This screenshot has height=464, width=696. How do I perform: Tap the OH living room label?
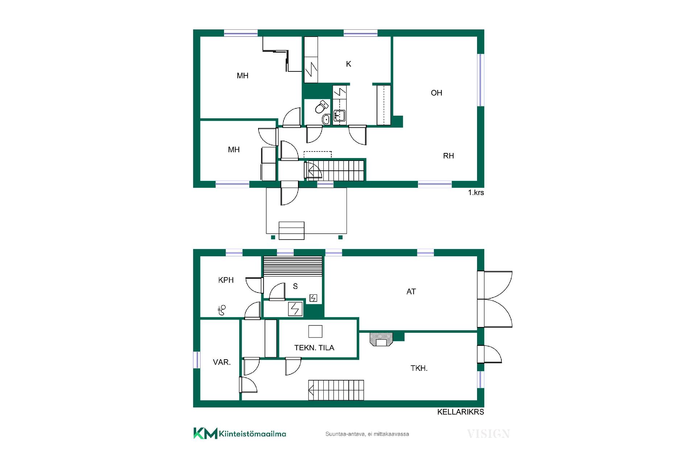436,93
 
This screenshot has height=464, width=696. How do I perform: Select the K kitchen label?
349,64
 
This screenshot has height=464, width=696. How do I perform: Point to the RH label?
448,156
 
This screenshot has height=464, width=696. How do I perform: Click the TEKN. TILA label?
314,348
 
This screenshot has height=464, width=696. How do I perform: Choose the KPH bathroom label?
226,280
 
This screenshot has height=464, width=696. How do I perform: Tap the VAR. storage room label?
222,362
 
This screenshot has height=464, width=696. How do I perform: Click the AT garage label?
411,291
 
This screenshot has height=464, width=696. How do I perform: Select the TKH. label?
419,368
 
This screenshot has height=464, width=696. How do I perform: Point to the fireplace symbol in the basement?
381,339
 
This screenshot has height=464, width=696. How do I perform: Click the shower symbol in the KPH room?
221,310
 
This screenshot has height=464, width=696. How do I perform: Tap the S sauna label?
295,286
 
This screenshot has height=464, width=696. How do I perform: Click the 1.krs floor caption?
476,192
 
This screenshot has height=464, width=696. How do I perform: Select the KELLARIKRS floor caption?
461,412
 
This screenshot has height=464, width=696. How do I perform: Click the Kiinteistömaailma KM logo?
240,433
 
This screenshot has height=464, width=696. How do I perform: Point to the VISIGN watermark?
488,434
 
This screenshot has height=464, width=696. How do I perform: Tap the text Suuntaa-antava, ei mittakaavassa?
367,434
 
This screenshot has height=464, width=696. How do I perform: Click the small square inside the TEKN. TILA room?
315,331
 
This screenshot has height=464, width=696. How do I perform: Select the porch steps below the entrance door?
291,231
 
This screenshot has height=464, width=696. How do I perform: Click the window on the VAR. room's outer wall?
197,360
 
